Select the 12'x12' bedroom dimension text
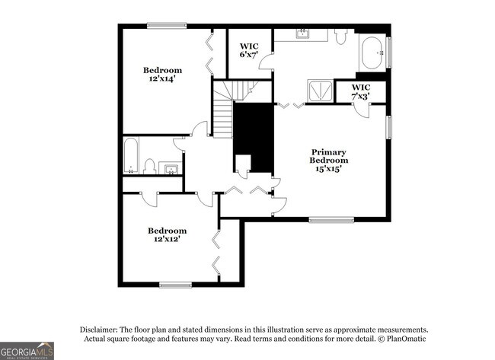click(167, 239)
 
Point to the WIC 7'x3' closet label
click(361, 92)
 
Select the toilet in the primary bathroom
click(340, 36)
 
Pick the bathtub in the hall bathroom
click(131, 155)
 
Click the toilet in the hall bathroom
click(150, 165)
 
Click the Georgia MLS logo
click(27, 351)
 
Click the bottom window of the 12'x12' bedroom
click(175, 285)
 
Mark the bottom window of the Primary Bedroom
click(331, 221)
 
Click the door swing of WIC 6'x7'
click(266, 63)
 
